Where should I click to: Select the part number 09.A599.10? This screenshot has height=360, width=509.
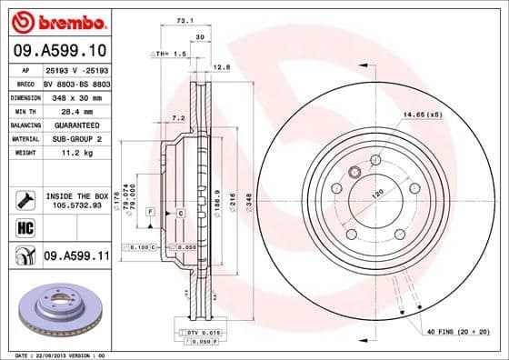(x=59, y=50)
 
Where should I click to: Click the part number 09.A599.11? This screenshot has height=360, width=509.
(x=76, y=257)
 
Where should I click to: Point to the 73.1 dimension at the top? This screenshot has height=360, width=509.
(x=184, y=19)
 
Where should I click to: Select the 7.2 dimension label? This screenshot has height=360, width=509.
(x=179, y=117)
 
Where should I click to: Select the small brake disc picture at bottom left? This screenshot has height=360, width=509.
(x=61, y=308)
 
